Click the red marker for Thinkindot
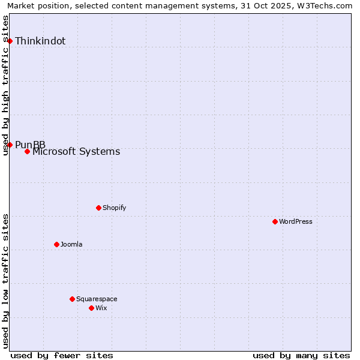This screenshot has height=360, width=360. tap(10, 41)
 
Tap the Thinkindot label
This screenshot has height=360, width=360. tap(40, 41)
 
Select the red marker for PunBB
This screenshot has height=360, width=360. tap(10, 145)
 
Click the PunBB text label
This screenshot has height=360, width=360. tap(30, 145)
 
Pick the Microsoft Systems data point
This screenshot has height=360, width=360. tap(28, 151)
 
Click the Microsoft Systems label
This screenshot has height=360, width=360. tap(76, 152)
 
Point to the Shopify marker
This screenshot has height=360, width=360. tap(98, 208)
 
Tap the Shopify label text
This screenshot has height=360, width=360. tap(114, 208)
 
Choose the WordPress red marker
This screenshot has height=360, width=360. tap(275, 221)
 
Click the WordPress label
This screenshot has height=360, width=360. tap(296, 221)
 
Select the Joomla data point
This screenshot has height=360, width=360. tap(56, 244)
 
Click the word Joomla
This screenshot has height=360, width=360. tap(71, 244)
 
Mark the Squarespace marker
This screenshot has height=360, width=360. tap(72, 299)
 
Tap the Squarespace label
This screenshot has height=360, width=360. tap(97, 299)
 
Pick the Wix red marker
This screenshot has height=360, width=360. tap(91, 308)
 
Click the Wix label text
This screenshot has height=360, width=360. tap(101, 308)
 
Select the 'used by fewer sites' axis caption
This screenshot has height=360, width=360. tap(62, 355)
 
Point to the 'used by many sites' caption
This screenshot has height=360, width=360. tap(301, 355)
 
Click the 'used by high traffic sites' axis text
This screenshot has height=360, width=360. tap(6, 86)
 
